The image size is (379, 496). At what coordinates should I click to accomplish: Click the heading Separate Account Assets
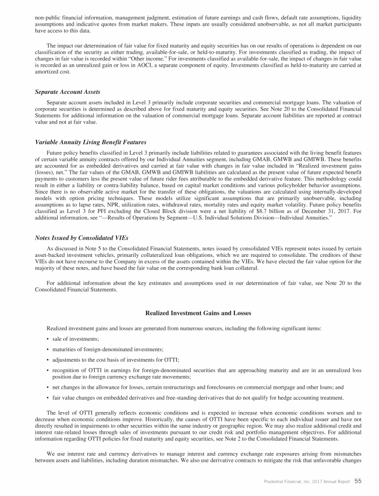pos(68,92)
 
